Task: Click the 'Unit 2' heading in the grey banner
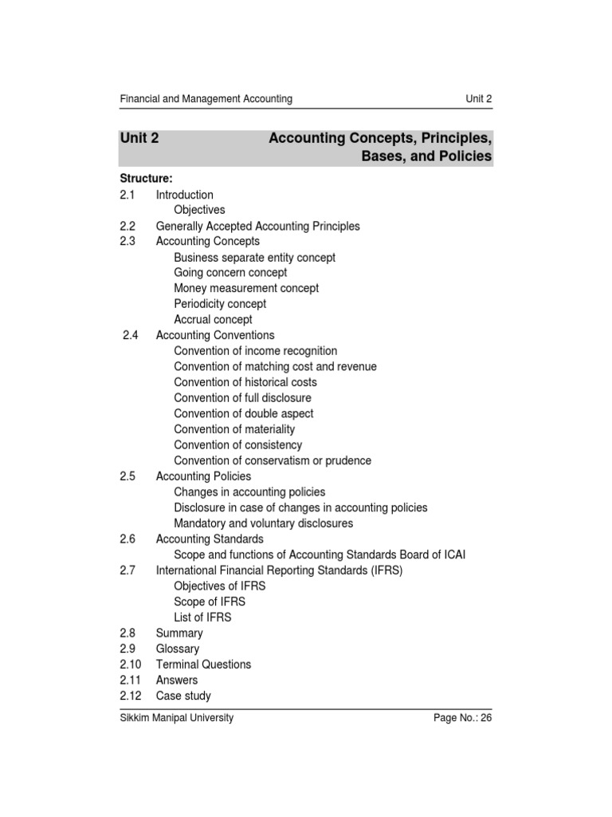pyautogui.click(x=139, y=138)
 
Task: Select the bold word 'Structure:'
pyautogui.click(x=146, y=178)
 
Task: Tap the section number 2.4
pyautogui.click(x=131, y=335)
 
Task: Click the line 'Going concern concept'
pyautogui.click(x=230, y=273)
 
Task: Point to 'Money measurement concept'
pyautogui.click(x=246, y=288)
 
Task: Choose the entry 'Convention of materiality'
pyautogui.click(x=234, y=429)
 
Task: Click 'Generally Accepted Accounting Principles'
pyautogui.click(x=257, y=226)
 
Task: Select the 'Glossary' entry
pyautogui.click(x=178, y=649)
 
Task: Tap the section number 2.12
pyautogui.click(x=131, y=696)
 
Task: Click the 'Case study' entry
pyautogui.click(x=183, y=696)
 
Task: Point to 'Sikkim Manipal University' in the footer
pyautogui.click(x=176, y=717)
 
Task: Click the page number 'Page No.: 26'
pyautogui.click(x=462, y=718)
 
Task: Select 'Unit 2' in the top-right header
pyautogui.click(x=479, y=99)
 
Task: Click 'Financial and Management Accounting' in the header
pyautogui.click(x=206, y=99)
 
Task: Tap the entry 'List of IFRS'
pyautogui.click(x=202, y=618)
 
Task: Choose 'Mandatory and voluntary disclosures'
pyautogui.click(x=263, y=523)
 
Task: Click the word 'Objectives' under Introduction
pyautogui.click(x=199, y=210)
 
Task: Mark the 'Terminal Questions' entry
pyautogui.click(x=203, y=665)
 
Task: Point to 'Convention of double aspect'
pyautogui.click(x=243, y=413)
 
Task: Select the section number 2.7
pyautogui.click(x=127, y=570)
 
